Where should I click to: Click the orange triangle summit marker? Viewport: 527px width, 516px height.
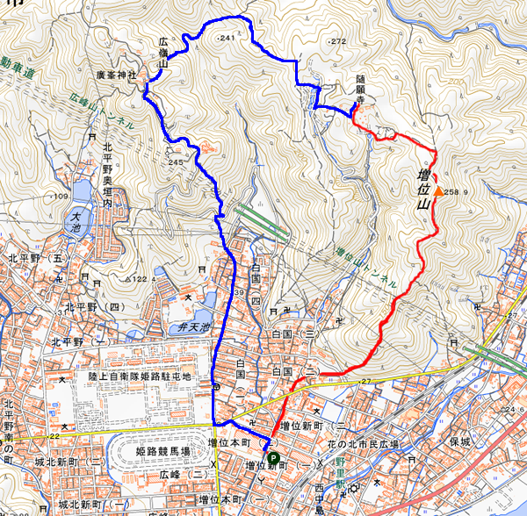click(x=438, y=190)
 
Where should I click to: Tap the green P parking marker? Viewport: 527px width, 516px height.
click(x=272, y=457)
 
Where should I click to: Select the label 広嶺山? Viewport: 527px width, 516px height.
click(x=163, y=52)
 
